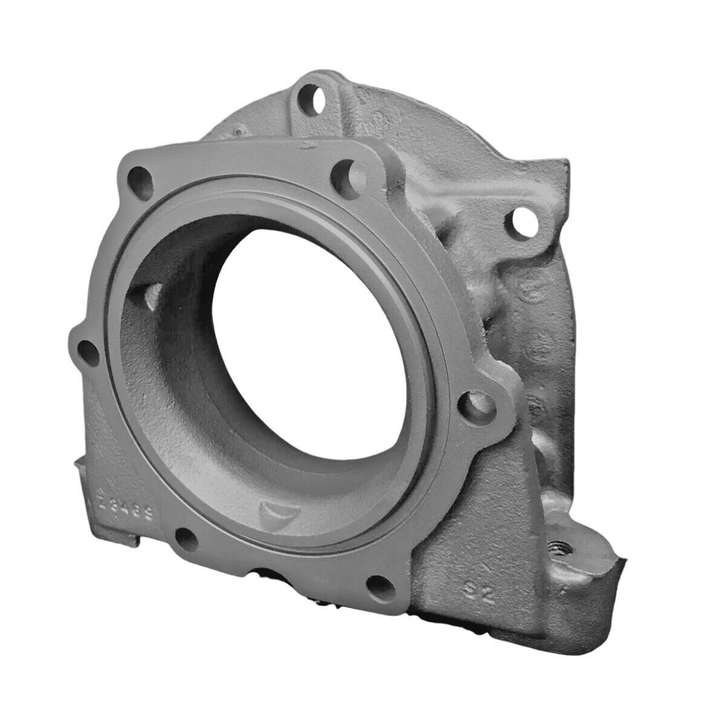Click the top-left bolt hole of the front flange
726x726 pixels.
141,182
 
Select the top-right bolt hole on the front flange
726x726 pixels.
349,178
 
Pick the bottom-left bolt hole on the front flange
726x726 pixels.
186,540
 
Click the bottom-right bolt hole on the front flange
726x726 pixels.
380,587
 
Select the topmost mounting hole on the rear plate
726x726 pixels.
310,99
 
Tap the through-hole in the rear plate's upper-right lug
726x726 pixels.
522,222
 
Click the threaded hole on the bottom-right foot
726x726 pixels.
560,548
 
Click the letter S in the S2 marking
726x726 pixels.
470,588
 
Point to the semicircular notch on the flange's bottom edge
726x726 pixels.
266,575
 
